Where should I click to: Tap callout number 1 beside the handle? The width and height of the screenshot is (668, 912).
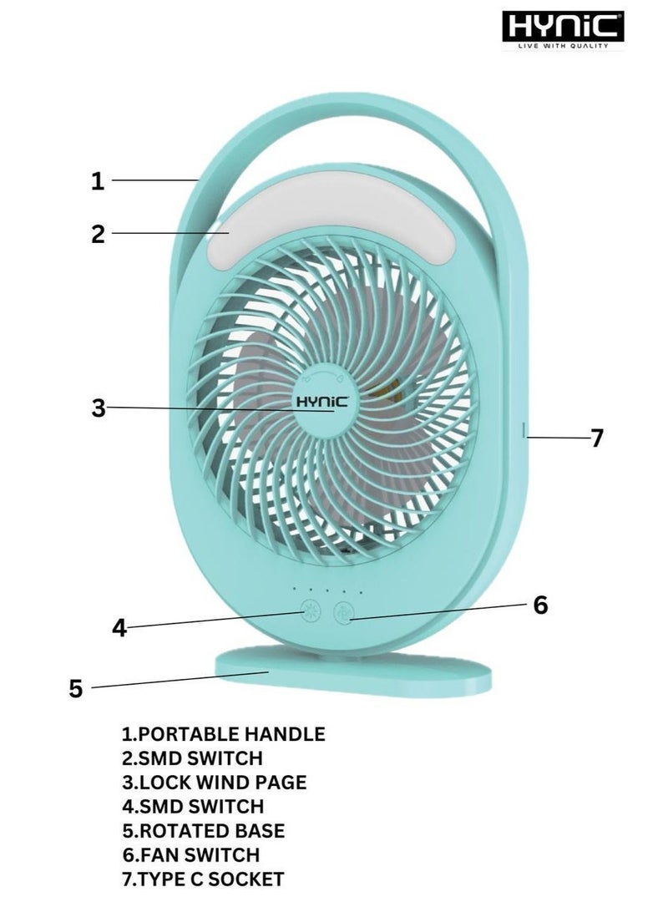[98, 181]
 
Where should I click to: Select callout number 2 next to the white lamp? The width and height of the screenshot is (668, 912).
[98, 234]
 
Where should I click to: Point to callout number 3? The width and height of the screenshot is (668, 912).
[99, 408]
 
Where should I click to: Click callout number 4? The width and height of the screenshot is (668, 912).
[119, 627]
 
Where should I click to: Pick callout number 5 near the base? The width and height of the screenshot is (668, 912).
[76, 689]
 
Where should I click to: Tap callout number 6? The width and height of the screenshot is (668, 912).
[540, 605]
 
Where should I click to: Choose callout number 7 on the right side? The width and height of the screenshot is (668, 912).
[596, 438]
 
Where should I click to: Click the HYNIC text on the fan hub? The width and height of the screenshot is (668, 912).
[322, 402]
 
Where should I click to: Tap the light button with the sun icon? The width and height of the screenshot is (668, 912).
[311, 612]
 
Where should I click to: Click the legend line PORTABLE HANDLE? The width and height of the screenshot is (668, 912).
[223, 734]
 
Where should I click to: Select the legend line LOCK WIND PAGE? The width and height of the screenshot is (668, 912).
[214, 783]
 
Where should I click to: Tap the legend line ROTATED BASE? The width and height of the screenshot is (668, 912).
[204, 830]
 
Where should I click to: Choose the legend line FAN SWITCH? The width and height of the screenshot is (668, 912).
[190, 855]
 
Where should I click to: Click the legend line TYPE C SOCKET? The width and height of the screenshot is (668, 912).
[203, 879]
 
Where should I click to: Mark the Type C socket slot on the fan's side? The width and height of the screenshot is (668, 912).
[524, 430]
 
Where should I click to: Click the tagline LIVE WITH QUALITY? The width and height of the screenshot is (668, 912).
[563, 45]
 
